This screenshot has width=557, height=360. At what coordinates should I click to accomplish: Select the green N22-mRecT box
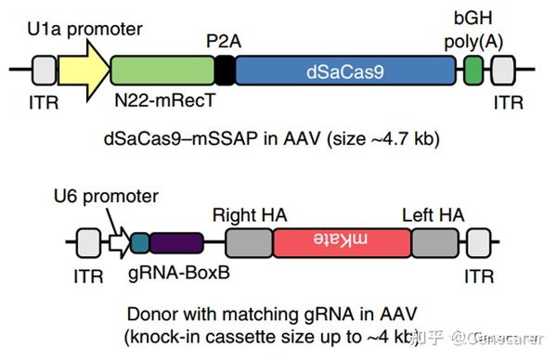(162, 71)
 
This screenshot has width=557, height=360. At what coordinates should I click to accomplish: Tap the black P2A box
(224, 71)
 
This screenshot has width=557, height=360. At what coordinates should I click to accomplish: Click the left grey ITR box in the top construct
(44, 71)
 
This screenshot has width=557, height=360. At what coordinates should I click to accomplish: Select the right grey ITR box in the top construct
(502, 71)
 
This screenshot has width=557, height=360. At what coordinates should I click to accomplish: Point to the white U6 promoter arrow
(118, 244)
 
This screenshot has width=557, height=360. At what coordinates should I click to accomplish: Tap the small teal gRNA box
(139, 244)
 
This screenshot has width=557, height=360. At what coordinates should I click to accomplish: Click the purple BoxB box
(175, 244)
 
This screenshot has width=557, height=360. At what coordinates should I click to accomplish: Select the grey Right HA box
(249, 244)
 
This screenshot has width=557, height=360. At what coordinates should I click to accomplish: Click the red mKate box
(342, 244)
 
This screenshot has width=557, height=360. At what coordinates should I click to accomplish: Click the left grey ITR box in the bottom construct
(86, 244)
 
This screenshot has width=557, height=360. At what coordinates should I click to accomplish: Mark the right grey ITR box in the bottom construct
(480, 244)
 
